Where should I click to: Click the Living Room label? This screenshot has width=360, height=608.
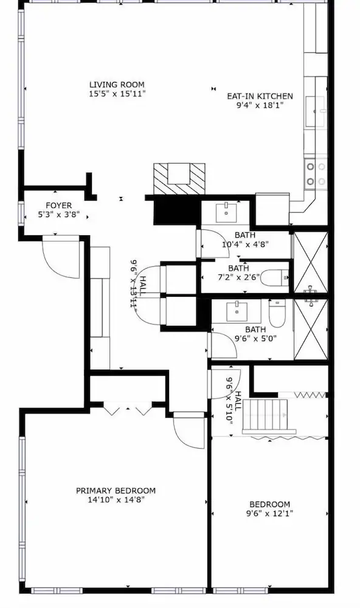click(x=117, y=85)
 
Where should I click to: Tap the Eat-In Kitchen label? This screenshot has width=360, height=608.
click(x=260, y=96)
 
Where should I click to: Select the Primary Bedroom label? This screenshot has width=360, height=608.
click(x=116, y=491)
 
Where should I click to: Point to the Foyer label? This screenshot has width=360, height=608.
click(x=58, y=206)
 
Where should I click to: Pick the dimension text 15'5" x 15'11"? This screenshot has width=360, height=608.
click(x=117, y=94)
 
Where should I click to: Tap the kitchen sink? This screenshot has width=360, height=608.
click(x=315, y=111)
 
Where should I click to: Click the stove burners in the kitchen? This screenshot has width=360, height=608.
click(x=316, y=174)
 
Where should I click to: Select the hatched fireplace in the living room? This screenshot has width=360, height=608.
click(x=179, y=178)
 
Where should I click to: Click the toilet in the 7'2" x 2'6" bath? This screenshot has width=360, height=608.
click(x=275, y=278)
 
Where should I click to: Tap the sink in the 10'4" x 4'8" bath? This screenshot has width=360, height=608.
click(x=226, y=212)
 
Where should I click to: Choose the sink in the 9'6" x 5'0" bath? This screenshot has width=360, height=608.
click(x=237, y=311)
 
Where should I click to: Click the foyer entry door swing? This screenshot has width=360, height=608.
click(x=61, y=257)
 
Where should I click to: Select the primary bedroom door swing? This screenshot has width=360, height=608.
click(x=189, y=430)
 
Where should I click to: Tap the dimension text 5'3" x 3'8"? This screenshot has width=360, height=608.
click(x=58, y=214)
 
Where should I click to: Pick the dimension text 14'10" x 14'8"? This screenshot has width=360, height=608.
click(x=116, y=500)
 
